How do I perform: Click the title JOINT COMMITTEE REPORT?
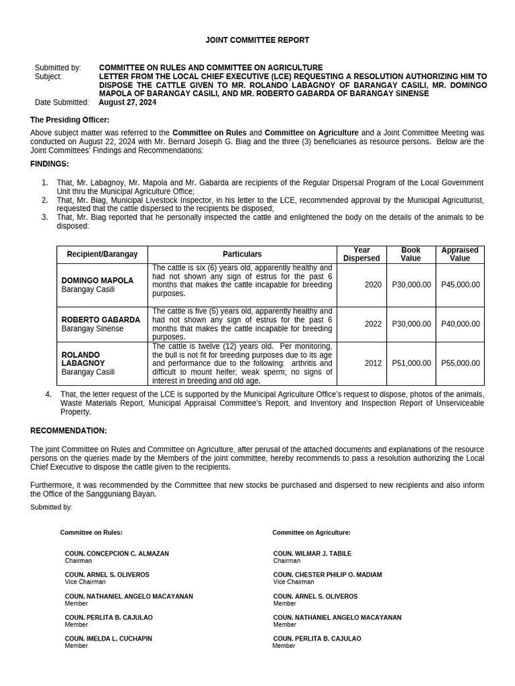coord(257,40)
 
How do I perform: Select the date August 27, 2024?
coord(127,102)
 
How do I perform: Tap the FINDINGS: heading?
coord(50,164)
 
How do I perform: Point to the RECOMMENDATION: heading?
coord(68,431)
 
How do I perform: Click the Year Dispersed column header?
coord(361,254)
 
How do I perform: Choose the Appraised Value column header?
coord(460,254)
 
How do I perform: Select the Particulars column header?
coord(242,255)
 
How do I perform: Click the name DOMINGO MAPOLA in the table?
coord(97,281)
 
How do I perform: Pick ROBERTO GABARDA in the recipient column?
coord(101,320)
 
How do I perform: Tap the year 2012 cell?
coord(373,363)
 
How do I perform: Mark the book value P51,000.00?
coord(411,363)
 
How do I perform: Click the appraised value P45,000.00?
coord(460,285)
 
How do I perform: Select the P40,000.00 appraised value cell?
coord(460,324)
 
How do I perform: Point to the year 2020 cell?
coord(373,285)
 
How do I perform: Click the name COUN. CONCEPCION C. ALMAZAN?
coord(117,554)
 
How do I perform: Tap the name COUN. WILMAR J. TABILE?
coord(312,554)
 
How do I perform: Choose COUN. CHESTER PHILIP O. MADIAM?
coord(327,575)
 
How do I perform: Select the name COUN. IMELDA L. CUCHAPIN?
coord(108,639)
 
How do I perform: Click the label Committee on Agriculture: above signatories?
coord(311,533)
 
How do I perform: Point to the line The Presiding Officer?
coord(70,120)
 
